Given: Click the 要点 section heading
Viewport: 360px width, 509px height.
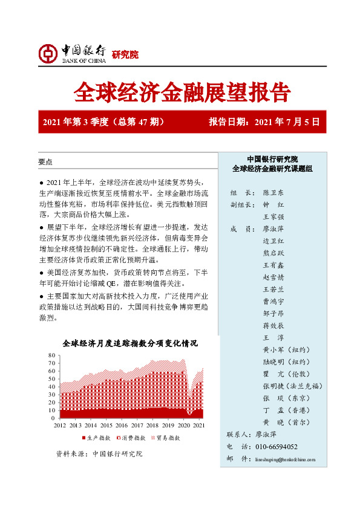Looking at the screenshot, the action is (x=45, y=162).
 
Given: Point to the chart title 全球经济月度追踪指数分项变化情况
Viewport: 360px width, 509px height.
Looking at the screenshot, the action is (x=129, y=343).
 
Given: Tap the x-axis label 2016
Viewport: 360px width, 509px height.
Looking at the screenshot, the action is (x=122, y=426).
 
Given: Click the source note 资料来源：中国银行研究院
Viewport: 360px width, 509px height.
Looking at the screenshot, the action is (x=99, y=453).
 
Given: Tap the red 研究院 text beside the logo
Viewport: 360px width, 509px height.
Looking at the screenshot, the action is (x=125, y=54).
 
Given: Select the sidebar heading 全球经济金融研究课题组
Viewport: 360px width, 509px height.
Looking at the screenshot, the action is (x=272, y=169).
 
